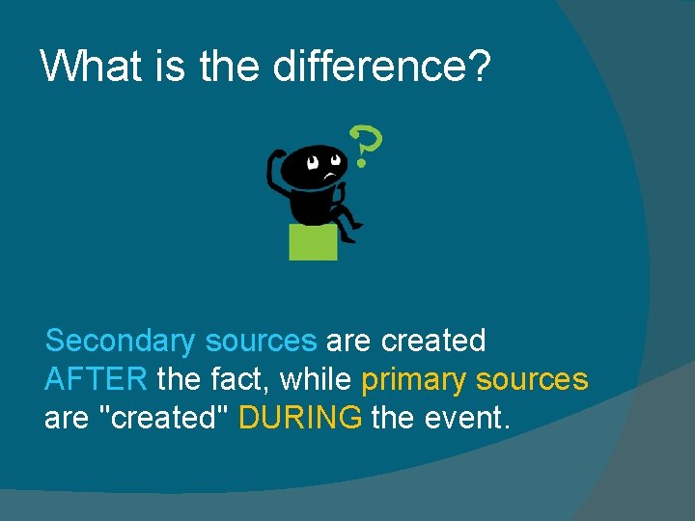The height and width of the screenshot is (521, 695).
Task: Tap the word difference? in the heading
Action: click(x=382, y=67)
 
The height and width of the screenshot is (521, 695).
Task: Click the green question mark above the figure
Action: click(x=366, y=145)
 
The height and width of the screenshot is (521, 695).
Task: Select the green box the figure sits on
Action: click(x=313, y=241)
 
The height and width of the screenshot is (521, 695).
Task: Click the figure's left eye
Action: click(x=313, y=163)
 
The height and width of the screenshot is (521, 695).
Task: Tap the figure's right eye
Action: click(x=335, y=160)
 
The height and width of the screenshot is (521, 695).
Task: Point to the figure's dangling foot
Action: click(x=354, y=228)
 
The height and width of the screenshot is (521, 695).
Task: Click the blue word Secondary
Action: click(x=120, y=342)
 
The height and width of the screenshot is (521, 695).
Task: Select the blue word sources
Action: click(x=261, y=342)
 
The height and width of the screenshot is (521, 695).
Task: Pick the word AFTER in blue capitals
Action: click(x=96, y=380)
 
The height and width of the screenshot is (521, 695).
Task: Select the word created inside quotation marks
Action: click(x=161, y=418)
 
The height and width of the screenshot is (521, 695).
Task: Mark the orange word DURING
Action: click(x=300, y=418)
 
